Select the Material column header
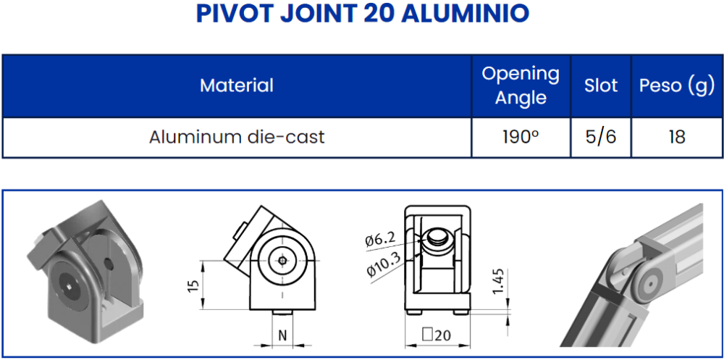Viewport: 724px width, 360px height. point(236,85)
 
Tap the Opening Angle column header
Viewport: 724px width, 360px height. point(521,85)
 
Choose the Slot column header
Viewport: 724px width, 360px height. point(601,85)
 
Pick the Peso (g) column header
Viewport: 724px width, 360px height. point(676,85)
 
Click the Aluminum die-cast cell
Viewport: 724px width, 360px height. point(236,137)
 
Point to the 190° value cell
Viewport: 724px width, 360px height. point(521,137)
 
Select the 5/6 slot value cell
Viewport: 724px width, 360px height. point(601,137)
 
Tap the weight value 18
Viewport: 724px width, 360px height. point(676,137)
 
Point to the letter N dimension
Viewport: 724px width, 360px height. point(283,335)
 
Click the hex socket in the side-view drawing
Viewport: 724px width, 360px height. point(281,261)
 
